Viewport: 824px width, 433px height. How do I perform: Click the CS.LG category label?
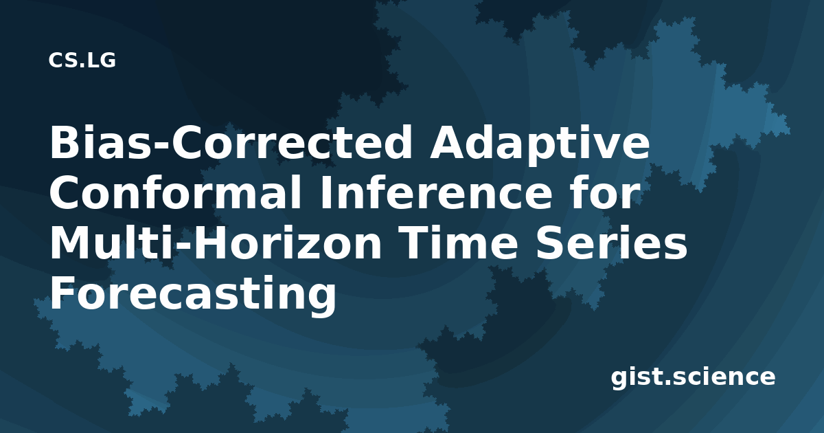click(82, 60)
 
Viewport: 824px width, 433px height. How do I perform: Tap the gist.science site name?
click(693, 378)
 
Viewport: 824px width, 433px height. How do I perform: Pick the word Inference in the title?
click(437, 193)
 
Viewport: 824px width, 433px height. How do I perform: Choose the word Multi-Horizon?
click(216, 243)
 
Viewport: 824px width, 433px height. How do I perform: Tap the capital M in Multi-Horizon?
click(71, 243)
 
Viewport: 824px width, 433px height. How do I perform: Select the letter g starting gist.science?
click(619, 379)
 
